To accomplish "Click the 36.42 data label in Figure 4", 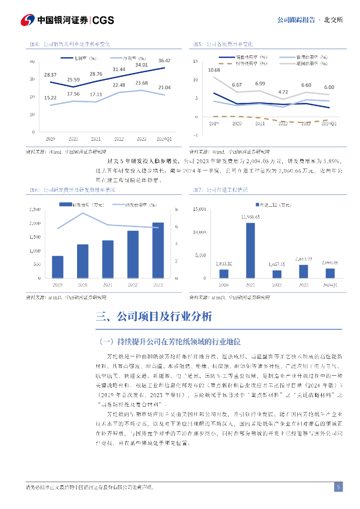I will [164, 61].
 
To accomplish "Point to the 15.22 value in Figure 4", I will [50, 97].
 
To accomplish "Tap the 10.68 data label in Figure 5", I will [214, 70].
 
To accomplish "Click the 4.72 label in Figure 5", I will [283, 92].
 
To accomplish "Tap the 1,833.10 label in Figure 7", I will [223, 263].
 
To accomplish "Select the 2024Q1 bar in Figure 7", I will [330, 273].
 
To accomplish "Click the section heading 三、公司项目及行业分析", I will [154, 317].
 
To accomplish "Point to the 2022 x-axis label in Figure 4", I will [119, 138].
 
